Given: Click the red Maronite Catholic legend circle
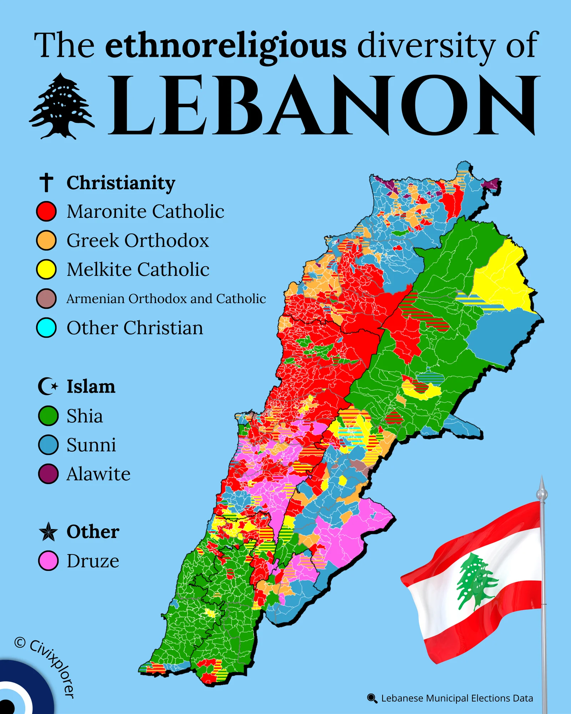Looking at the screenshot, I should click(x=46, y=211).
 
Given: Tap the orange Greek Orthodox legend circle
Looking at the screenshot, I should click(x=46, y=240).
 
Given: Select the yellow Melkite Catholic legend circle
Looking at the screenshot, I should click(x=46, y=269).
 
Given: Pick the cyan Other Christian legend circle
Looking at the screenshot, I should click(x=46, y=327).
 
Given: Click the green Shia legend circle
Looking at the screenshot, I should click(x=48, y=416).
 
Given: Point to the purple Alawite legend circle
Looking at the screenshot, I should click(x=48, y=474).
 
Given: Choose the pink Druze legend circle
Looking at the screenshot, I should click(x=48, y=560).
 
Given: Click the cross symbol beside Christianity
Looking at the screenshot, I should click(x=46, y=182).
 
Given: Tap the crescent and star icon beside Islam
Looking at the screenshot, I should click(x=47, y=386).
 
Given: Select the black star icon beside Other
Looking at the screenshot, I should click(x=48, y=532).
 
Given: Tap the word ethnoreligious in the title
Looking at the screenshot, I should click(x=226, y=46).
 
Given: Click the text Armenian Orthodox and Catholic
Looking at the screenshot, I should click(x=166, y=298).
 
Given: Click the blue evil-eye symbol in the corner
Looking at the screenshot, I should click(x=14, y=696).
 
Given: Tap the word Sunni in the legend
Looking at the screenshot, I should click(x=91, y=445).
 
